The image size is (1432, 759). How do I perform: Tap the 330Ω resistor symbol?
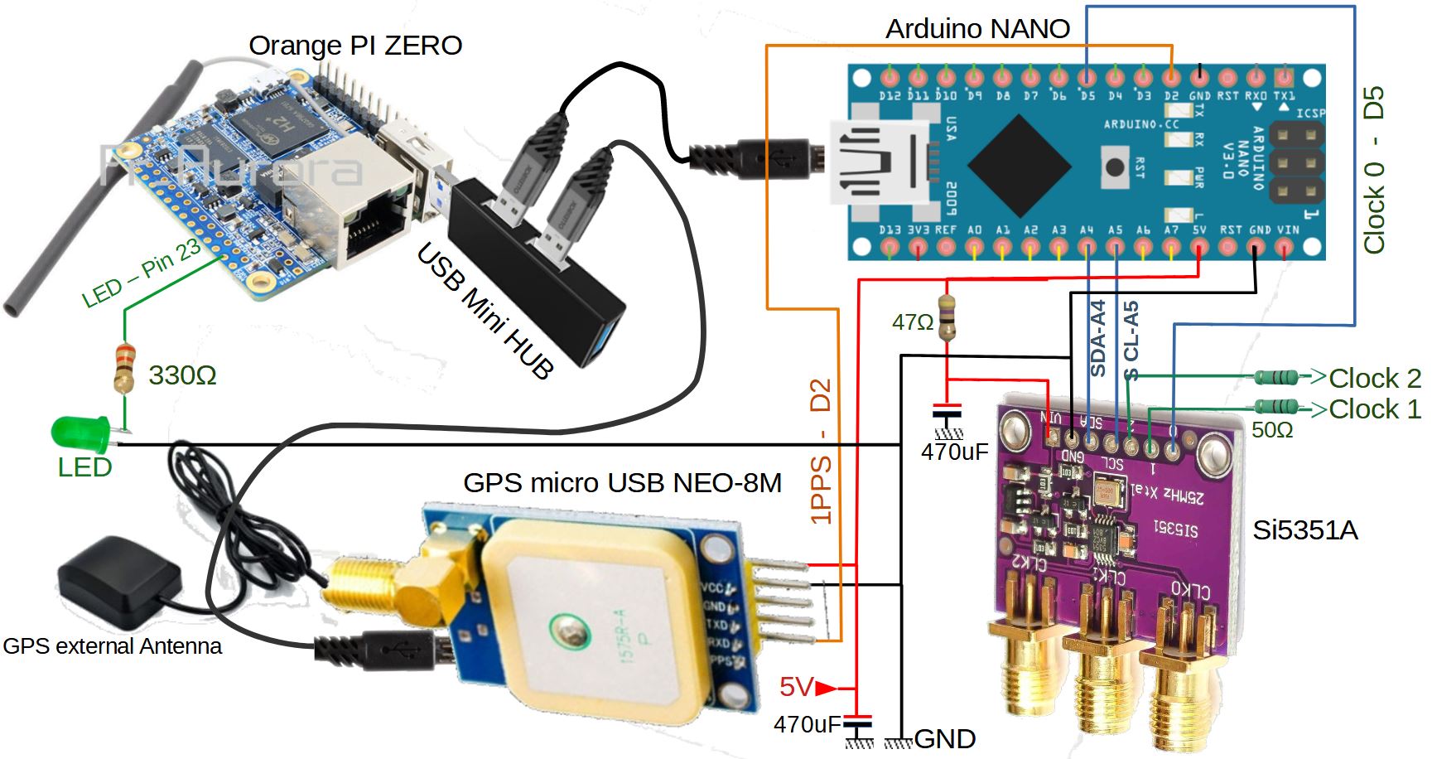[x=124, y=368]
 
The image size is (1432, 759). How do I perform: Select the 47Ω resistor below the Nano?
[x=947, y=318]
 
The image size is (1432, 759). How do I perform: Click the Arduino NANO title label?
[x=977, y=29]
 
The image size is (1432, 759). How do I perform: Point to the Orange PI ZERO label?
[x=355, y=46]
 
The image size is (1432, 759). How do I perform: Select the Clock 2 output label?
[x=1374, y=379]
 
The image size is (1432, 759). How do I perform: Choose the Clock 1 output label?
[x=1374, y=409]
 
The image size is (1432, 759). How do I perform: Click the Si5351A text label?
[x=1304, y=530]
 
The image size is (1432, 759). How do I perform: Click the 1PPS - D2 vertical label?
[x=820, y=452]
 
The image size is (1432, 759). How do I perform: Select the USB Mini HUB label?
[x=485, y=311]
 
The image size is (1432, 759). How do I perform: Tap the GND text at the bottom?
[x=944, y=738]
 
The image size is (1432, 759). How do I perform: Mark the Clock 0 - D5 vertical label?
[x=1374, y=170]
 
